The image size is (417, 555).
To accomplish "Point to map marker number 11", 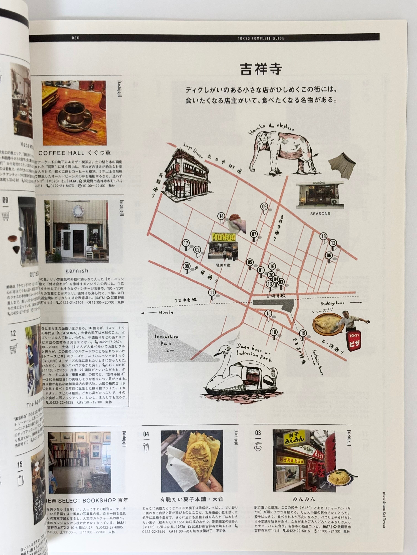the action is click(x=212, y=293).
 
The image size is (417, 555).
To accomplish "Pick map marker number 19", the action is click(x=303, y=333).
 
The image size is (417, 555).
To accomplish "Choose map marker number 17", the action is click(x=186, y=243).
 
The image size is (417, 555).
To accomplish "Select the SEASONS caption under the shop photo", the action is click(x=320, y=214).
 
